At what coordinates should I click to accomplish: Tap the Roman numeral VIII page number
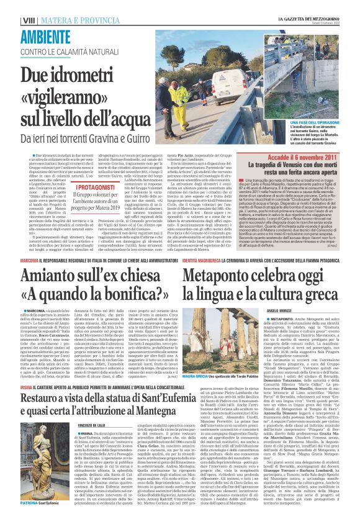28,20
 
